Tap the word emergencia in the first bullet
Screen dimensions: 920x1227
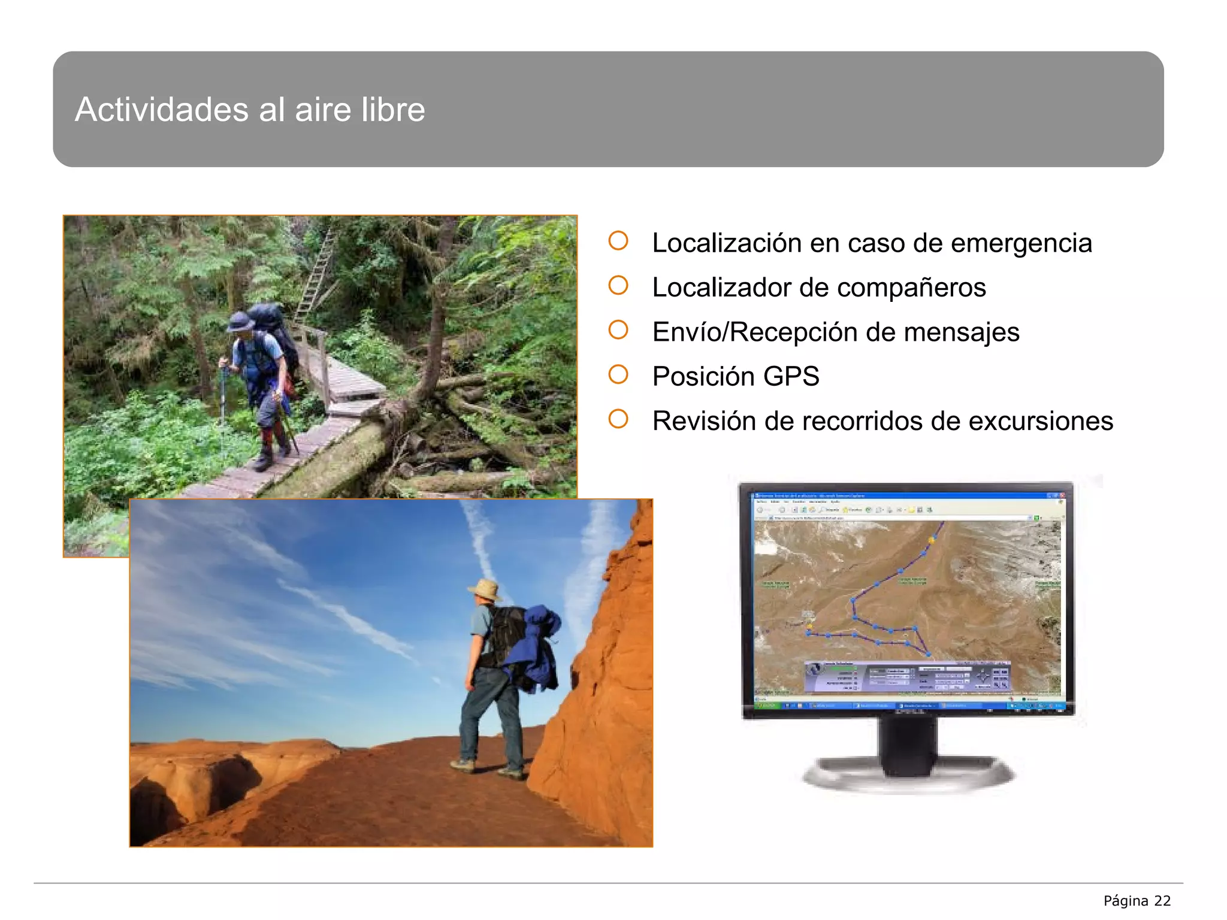coord(1022,243)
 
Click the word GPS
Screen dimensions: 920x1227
coord(791,377)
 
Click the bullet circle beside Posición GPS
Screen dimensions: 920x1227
coord(618,375)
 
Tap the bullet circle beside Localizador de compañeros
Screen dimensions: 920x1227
coord(618,286)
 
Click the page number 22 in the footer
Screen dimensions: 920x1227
coord(1162,901)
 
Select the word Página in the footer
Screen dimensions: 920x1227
coord(1126,901)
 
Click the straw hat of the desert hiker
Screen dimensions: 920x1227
coord(485,589)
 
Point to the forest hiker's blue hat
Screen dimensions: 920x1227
coord(241,322)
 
